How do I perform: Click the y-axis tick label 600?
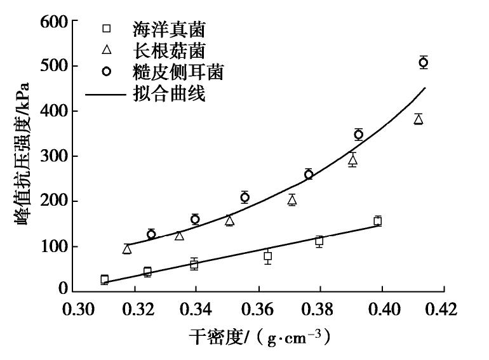[x=54, y=22]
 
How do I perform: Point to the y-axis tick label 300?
[x=54, y=156]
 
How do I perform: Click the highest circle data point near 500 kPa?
[x=423, y=62]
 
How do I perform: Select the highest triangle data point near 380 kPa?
[x=418, y=119]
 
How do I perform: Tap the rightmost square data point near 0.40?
[x=377, y=221]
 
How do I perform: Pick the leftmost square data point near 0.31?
[x=104, y=279]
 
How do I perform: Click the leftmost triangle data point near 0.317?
[x=127, y=249]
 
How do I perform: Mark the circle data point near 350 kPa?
[x=358, y=134]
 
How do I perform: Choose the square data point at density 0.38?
[x=319, y=241]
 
